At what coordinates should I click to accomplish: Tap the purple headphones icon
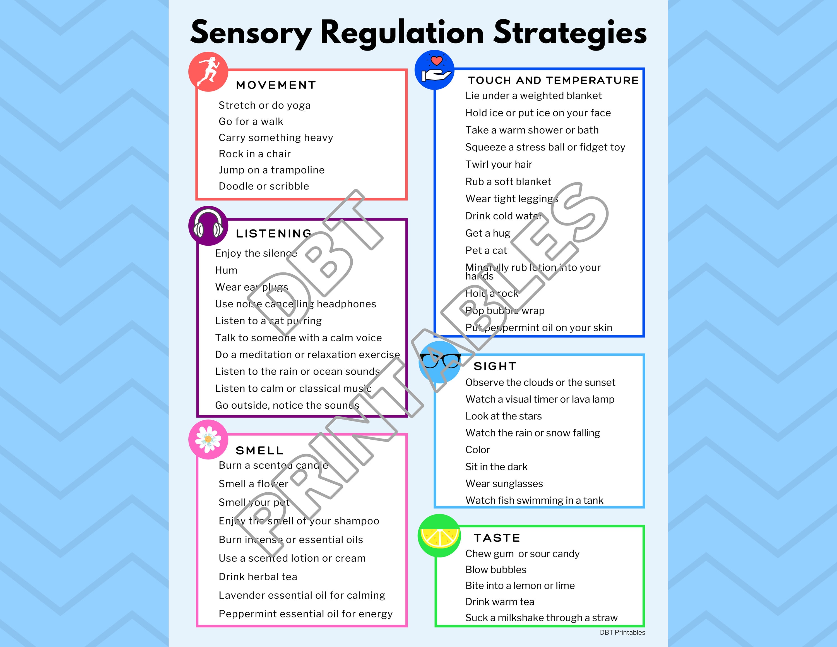[x=208, y=226]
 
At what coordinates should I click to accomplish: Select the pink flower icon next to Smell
[x=208, y=439]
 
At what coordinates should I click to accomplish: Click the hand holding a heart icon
[x=435, y=70]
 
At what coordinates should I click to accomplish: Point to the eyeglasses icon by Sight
[x=440, y=360]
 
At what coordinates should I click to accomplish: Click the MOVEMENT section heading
[x=276, y=85]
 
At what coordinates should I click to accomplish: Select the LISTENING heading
[x=274, y=233]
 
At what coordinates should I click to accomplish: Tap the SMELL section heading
[x=259, y=450]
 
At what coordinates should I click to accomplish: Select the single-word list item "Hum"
[x=226, y=270]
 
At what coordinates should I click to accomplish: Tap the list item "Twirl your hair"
[x=499, y=164]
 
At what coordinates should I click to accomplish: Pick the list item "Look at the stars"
[x=504, y=416]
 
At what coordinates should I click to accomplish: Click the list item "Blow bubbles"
[x=496, y=570]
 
